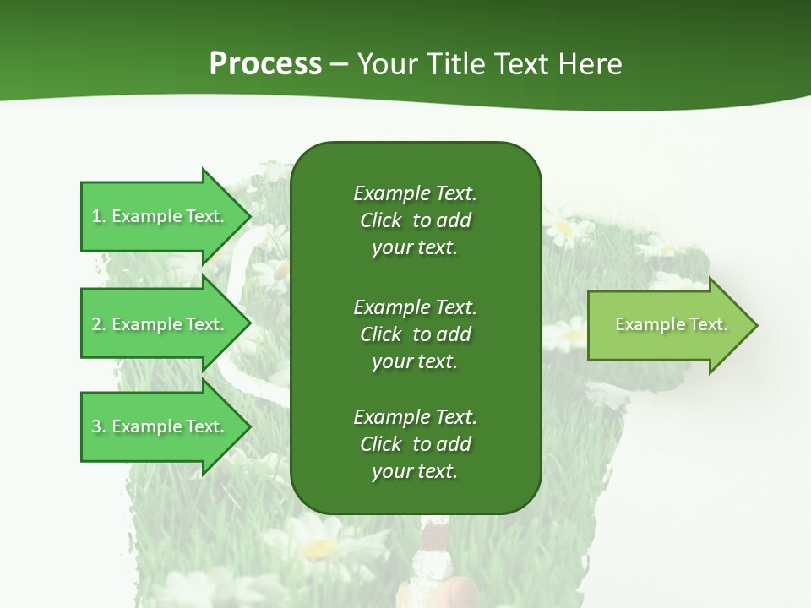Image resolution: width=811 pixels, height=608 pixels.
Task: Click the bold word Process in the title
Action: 265,64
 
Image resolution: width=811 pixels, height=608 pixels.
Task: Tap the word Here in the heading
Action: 591,64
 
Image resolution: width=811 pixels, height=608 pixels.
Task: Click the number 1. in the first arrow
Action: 99,216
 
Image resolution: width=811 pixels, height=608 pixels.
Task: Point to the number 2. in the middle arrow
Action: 99,324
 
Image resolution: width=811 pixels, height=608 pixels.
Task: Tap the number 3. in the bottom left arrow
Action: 99,426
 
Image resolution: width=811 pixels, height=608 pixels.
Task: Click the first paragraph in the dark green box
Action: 415,220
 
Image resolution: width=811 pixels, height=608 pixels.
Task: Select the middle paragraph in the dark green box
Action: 415,334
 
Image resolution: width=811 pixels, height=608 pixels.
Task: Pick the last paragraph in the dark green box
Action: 415,444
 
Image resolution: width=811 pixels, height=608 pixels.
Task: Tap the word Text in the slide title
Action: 522,64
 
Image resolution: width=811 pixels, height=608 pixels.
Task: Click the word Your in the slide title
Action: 387,64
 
